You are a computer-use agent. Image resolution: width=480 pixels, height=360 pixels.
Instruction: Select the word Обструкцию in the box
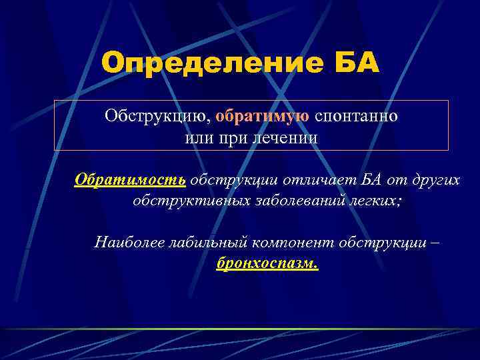158,116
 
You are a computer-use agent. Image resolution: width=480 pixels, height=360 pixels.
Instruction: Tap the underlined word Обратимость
129,180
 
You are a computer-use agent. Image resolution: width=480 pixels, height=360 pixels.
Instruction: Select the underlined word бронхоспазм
267,263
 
